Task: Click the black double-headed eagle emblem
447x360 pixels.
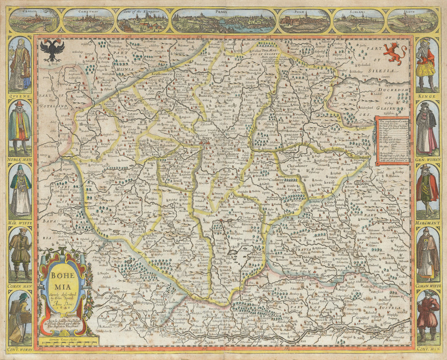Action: click(52, 50)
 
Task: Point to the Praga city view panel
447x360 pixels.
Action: click(223, 21)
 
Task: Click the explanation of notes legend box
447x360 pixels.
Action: click(392, 140)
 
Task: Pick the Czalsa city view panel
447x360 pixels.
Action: click(34, 21)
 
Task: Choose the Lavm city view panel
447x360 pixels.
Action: click(413, 21)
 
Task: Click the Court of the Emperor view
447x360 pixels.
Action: click(143, 21)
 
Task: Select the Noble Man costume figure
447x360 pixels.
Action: click(20, 127)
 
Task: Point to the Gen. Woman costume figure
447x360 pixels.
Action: click(427, 127)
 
